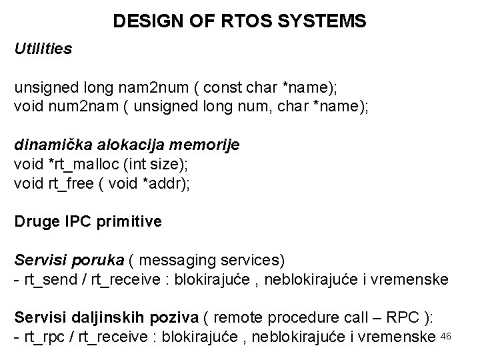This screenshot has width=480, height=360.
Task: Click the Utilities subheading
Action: coord(43,49)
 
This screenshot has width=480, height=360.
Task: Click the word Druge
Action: coord(34,221)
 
